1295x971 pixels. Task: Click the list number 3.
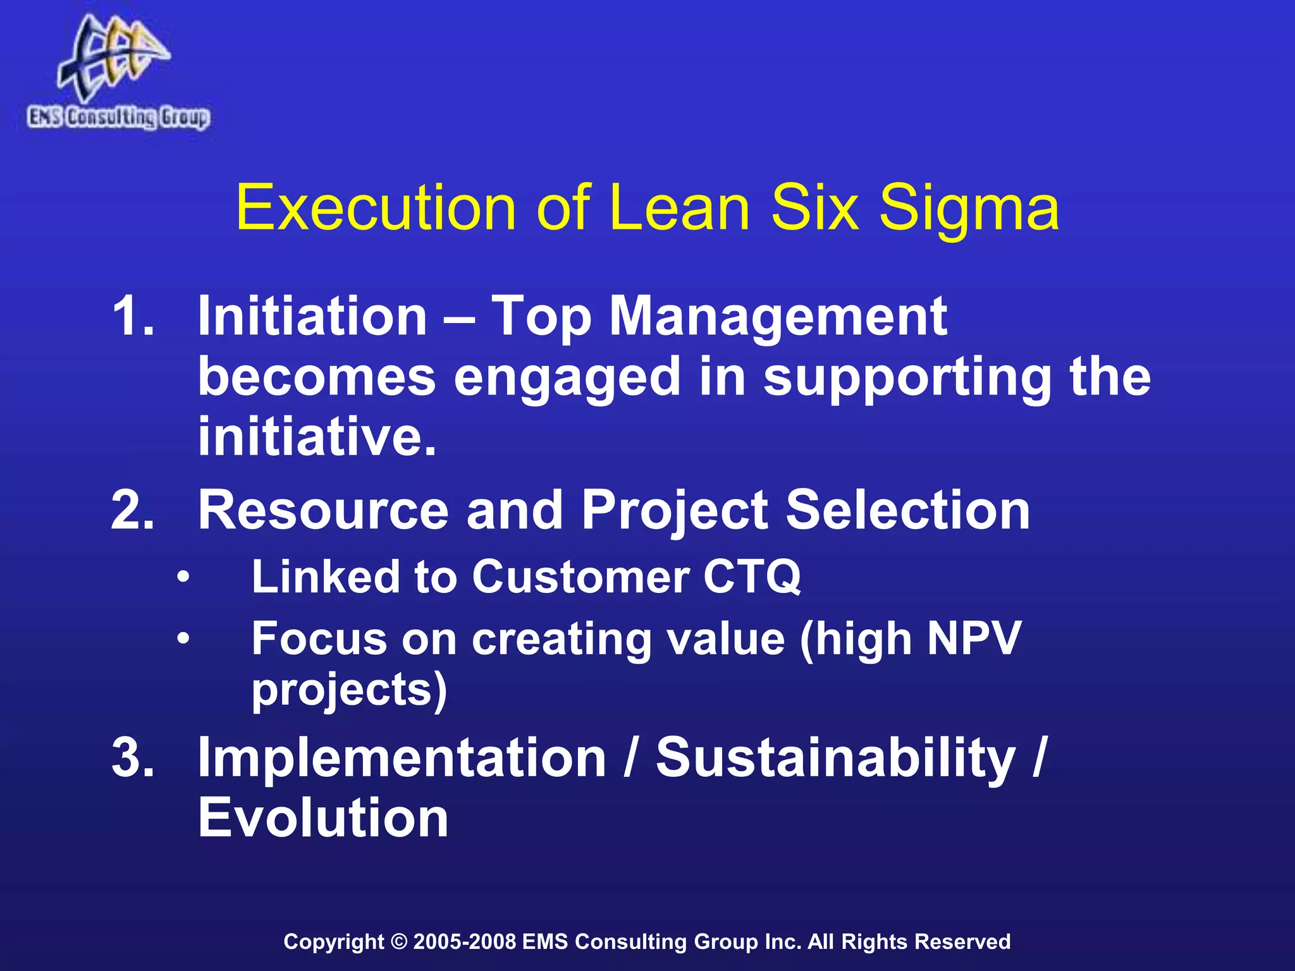tap(133, 757)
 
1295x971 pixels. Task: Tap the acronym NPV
tap(974, 638)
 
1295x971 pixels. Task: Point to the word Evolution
tap(323, 817)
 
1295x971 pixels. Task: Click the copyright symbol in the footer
tap(399, 941)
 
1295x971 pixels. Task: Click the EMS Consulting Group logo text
tap(118, 118)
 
